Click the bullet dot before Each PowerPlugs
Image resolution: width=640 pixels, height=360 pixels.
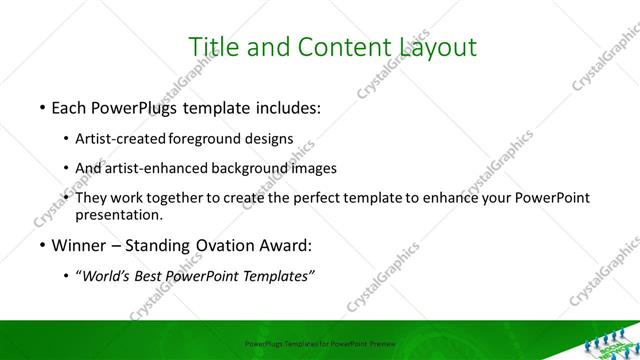41,106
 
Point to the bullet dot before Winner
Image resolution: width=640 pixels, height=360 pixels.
41,245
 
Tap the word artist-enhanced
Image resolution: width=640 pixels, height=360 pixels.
156,168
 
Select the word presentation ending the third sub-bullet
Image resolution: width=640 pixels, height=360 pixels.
118,214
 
